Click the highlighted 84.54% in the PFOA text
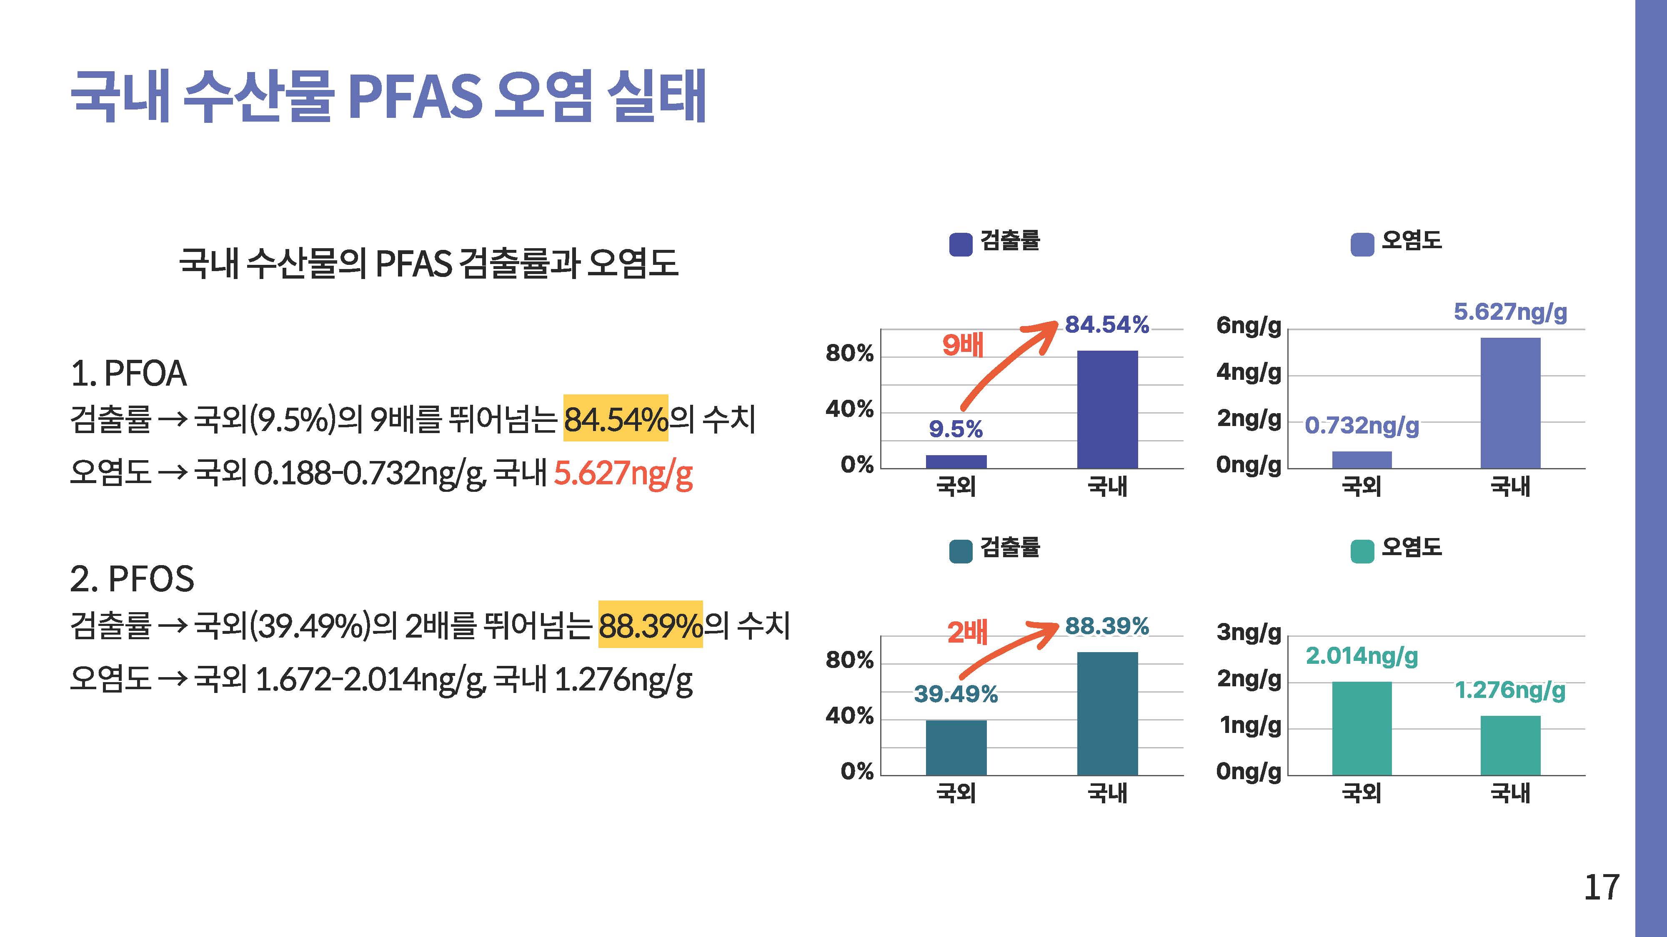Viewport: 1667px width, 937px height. pyautogui.click(x=616, y=419)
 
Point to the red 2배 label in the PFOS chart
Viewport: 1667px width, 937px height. pyautogui.click(x=967, y=632)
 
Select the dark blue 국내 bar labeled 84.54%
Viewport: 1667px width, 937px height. pyautogui.click(x=1107, y=409)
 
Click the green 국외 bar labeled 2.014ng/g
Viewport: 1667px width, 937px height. pyautogui.click(x=1362, y=728)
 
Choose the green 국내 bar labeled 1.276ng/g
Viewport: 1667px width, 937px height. pyautogui.click(x=1510, y=745)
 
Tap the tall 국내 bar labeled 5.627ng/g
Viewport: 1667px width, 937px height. pyautogui.click(x=1510, y=403)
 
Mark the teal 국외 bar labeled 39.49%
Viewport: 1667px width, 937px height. pyautogui.click(x=956, y=748)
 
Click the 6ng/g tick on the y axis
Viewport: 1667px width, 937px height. pyautogui.click(x=1248, y=325)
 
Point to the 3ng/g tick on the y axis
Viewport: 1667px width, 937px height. pyautogui.click(x=1248, y=632)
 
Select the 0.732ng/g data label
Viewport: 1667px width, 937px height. pyautogui.click(x=1362, y=426)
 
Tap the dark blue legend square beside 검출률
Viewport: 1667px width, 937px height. pyautogui.click(x=960, y=244)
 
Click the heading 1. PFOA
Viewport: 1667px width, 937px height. pyautogui.click(x=129, y=374)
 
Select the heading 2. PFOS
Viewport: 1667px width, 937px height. pyautogui.click(x=132, y=579)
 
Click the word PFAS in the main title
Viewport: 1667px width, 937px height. pyautogui.click(x=415, y=97)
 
